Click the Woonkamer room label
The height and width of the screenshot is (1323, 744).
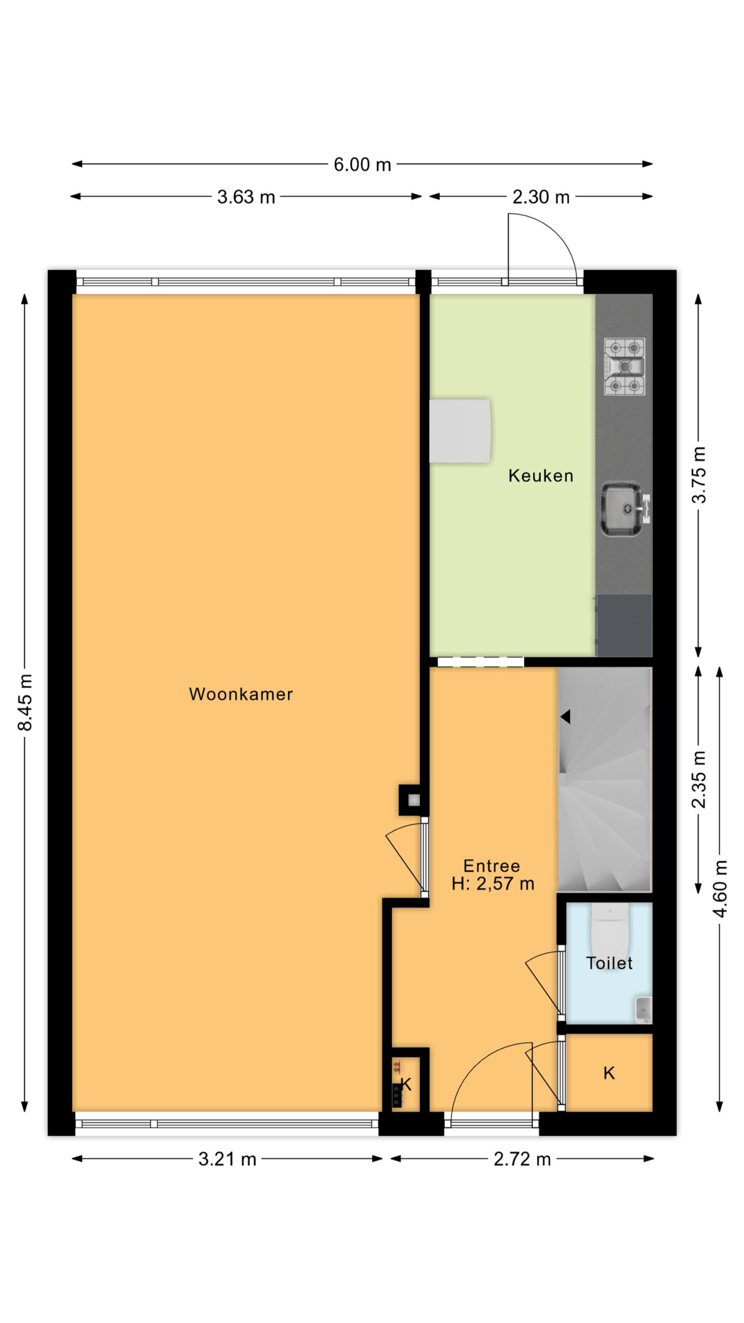pyautogui.click(x=241, y=694)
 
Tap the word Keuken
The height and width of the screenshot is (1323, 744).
pyautogui.click(x=541, y=475)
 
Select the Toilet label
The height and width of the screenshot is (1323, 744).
pyautogui.click(x=609, y=963)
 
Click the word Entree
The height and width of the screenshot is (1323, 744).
pyautogui.click(x=491, y=866)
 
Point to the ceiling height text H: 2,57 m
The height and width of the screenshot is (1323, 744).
pyautogui.click(x=492, y=884)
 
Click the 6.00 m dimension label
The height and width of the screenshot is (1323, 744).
pyautogui.click(x=362, y=165)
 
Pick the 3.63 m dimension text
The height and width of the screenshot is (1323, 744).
pyautogui.click(x=246, y=197)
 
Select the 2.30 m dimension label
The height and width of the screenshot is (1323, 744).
pyautogui.click(x=541, y=197)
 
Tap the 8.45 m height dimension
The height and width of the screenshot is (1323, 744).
pyautogui.click(x=25, y=702)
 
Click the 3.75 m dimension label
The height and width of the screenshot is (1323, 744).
pyautogui.click(x=699, y=474)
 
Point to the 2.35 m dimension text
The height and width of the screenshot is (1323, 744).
pyautogui.click(x=699, y=780)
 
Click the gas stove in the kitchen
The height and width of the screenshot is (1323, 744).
pyautogui.click(x=625, y=366)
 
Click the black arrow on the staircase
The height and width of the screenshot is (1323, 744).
pyautogui.click(x=565, y=717)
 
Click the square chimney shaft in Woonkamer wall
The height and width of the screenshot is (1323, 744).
pyautogui.click(x=413, y=801)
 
